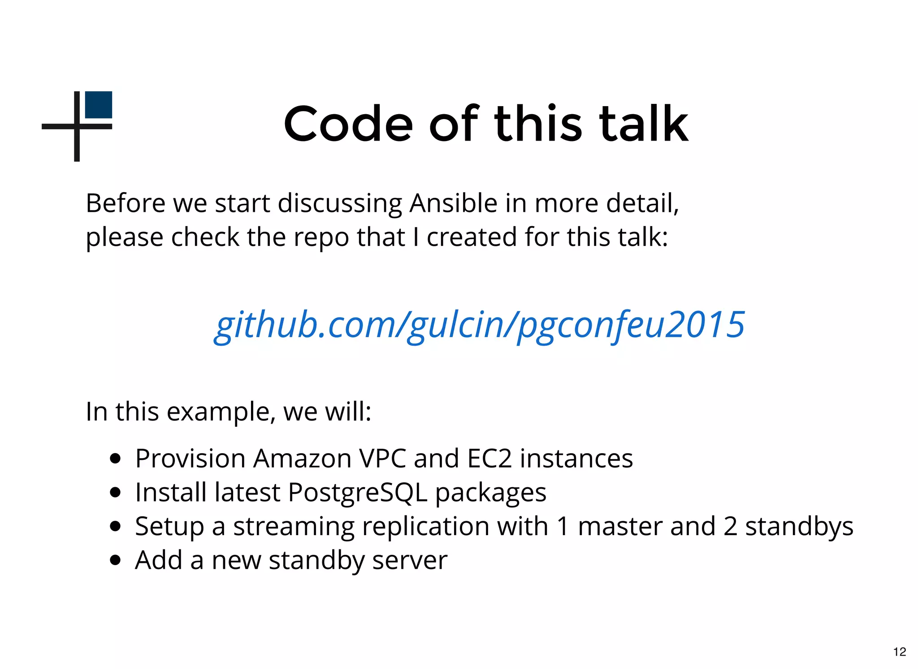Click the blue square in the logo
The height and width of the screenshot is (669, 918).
(x=99, y=105)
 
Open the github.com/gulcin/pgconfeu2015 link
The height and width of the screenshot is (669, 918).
(x=479, y=325)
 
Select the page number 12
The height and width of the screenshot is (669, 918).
(x=899, y=652)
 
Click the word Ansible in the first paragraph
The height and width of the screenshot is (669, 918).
(x=453, y=203)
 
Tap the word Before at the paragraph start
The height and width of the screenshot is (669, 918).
(x=126, y=203)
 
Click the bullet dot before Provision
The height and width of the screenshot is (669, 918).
(x=115, y=459)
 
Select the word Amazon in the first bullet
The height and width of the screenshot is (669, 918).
(x=302, y=459)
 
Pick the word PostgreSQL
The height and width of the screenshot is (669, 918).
(x=357, y=493)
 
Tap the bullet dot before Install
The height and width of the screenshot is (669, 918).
(x=115, y=493)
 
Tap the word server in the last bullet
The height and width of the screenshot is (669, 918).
(x=409, y=561)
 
